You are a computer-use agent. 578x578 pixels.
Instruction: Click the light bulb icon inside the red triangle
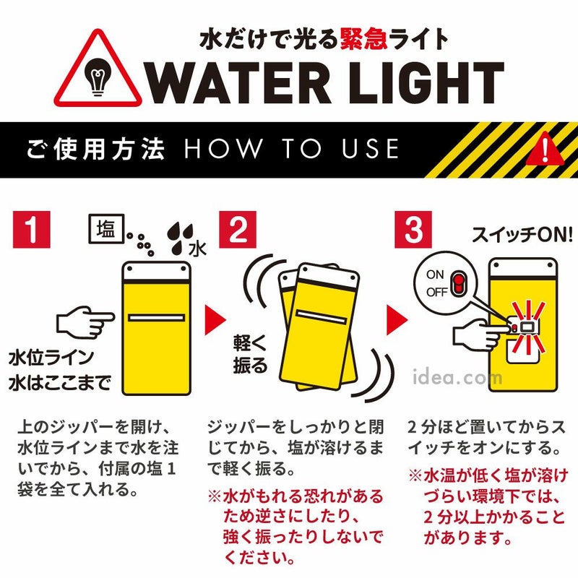[x=98, y=77]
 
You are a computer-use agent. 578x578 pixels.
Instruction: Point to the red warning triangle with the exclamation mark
[x=545, y=150]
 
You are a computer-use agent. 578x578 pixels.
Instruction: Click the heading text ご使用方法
[x=95, y=149]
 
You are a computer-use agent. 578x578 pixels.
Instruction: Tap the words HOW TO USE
[x=292, y=149]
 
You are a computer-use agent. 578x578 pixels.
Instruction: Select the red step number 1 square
[x=32, y=229]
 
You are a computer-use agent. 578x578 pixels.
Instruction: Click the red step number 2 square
[x=238, y=229]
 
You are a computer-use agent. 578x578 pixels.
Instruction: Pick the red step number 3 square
[x=413, y=229]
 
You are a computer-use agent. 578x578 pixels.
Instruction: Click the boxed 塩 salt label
[x=106, y=228]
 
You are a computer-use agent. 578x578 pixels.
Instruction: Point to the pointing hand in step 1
[x=85, y=322]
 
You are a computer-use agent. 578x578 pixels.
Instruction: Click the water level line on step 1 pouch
[x=156, y=317]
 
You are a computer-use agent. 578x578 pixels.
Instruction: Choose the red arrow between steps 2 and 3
[x=397, y=320]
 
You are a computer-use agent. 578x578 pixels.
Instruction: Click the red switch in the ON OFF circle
[x=458, y=283]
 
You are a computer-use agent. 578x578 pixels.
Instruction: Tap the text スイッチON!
[x=522, y=234]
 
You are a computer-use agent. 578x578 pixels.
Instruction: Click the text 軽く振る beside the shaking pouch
[x=250, y=354]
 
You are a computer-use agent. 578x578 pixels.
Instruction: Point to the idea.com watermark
[x=457, y=376]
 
